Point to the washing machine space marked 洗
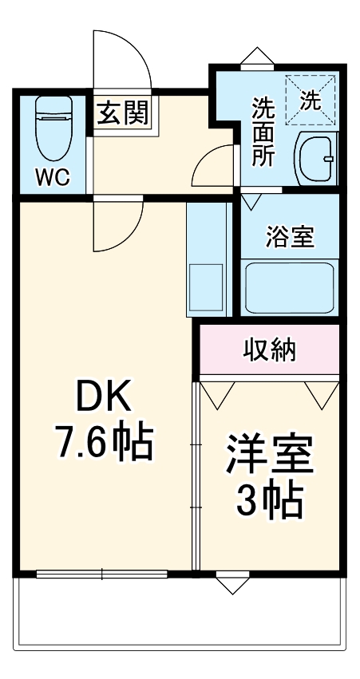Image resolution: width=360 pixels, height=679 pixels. (310, 101)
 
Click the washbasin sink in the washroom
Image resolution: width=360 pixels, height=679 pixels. (316, 159)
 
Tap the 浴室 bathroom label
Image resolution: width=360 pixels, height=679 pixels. (291, 237)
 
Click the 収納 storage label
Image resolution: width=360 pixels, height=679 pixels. (270, 349)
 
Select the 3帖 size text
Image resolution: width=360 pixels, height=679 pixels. (270, 501)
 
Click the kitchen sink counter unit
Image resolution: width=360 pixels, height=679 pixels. (207, 260)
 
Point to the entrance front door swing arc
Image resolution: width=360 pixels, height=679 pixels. (120, 60)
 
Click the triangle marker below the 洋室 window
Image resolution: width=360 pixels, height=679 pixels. (228, 584)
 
